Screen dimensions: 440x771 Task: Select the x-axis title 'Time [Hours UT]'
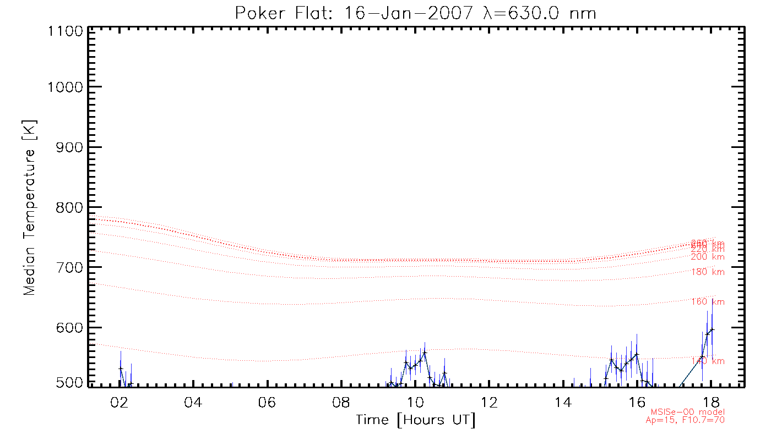(x=416, y=420)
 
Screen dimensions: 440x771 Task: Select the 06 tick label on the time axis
(x=267, y=401)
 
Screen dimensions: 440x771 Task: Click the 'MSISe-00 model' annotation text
(x=687, y=412)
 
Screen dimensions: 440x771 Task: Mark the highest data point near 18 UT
(x=712, y=329)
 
